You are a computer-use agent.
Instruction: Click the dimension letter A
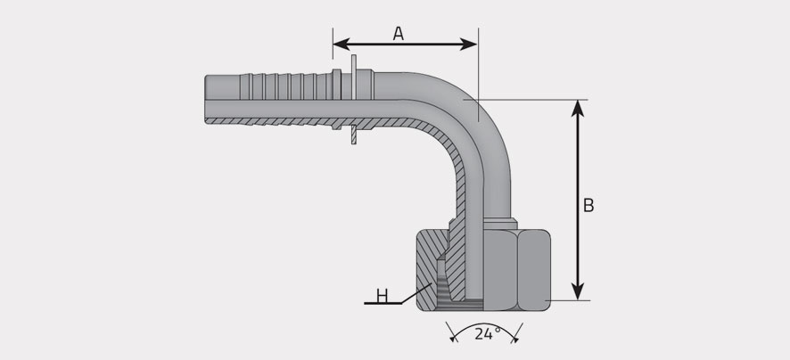coord(398,33)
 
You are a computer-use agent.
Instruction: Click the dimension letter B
coord(588,206)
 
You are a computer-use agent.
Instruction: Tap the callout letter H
coord(383,296)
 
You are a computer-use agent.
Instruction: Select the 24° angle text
coord(487,333)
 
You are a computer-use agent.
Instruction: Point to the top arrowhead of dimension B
coord(578,108)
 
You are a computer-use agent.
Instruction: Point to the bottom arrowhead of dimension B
coord(578,292)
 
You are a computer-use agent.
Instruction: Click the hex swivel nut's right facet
coord(534,269)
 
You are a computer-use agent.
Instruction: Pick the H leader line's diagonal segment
coord(416,293)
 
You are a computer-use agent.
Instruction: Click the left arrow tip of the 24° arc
coord(454,339)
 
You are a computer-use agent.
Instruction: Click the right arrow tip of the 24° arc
coord(514,339)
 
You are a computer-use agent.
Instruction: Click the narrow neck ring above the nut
coord(500,224)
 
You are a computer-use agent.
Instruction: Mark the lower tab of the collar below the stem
coord(354,135)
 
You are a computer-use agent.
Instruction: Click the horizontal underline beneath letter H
coord(383,304)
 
